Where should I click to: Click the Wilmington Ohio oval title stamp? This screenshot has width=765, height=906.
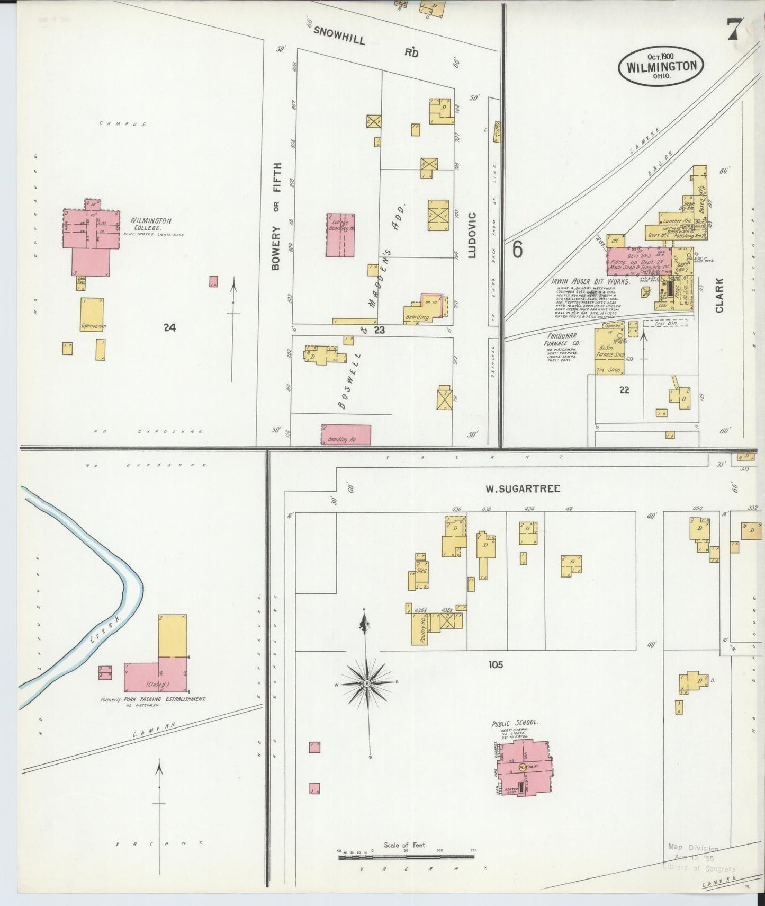click(661, 66)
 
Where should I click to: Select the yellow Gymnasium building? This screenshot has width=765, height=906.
click(92, 315)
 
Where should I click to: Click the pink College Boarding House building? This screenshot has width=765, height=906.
click(340, 235)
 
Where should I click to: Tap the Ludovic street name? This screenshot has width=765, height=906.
click(472, 235)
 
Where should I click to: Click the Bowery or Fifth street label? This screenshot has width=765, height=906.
click(276, 216)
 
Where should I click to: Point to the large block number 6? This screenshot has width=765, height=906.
click(517, 250)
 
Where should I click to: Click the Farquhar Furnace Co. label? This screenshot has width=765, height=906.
click(562, 339)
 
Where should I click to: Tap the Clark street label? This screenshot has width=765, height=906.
click(719, 295)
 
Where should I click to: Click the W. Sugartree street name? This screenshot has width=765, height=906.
click(523, 488)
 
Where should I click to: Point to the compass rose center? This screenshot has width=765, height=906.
click(367, 684)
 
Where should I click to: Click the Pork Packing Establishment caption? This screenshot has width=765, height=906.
click(152, 699)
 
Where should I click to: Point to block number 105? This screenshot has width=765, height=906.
click(496, 664)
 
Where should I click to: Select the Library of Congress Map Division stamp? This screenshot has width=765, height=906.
click(698, 858)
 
